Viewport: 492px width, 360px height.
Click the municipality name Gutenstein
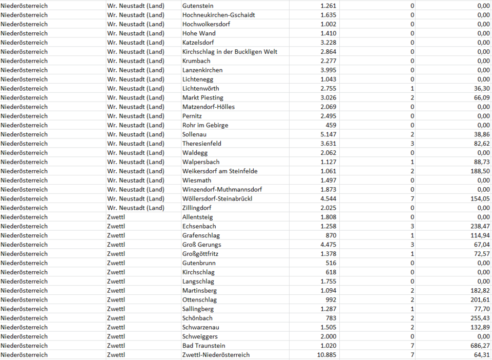click(x=199, y=6)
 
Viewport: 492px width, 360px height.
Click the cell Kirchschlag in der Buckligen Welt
click(x=230, y=52)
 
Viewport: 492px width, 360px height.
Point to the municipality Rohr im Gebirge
click(x=205, y=125)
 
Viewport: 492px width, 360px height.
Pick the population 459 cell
click(x=331, y=125)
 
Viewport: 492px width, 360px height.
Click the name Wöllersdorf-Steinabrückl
click(x=217, y=199)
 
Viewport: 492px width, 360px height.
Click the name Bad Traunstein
click(x=203, y=346)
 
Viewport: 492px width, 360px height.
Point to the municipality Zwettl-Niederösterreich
click(x=216, y=355)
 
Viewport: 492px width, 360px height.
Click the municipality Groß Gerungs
click(x=201, y=245)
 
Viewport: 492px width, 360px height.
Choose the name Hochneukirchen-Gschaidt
click(x=218, y=15)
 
